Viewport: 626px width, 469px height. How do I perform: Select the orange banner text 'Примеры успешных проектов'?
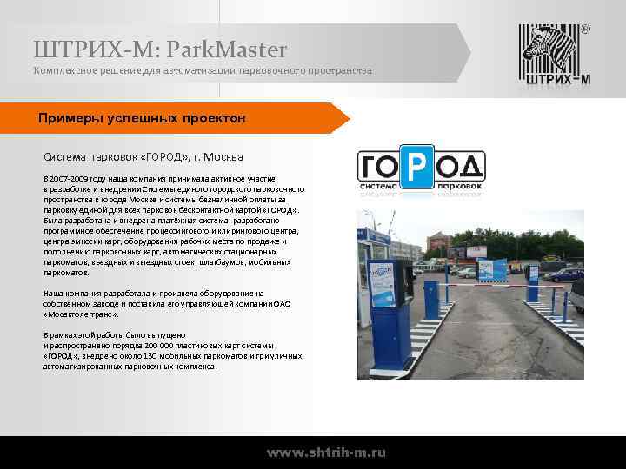142,117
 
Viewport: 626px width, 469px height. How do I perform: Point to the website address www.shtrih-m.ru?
327,452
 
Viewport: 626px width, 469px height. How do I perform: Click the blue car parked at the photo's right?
576,296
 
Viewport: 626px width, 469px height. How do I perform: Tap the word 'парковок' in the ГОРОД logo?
459,185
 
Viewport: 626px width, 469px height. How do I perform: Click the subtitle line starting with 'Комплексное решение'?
203,69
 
